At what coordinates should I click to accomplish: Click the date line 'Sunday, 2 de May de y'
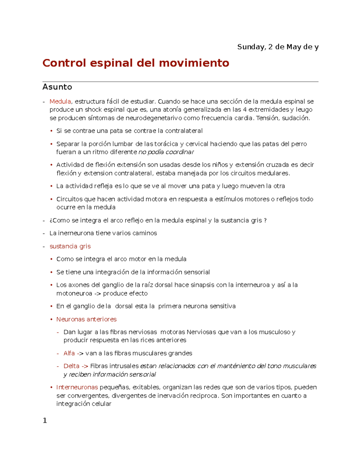coord(278,47)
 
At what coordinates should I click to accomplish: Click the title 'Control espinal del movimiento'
coord(136,63)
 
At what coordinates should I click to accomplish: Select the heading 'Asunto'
coord(57,87)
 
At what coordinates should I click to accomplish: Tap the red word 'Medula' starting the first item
coord(60,101)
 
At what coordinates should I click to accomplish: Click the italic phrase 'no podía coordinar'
coord(166,152)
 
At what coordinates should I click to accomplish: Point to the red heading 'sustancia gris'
coord(70,246)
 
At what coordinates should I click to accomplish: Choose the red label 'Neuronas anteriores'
coord(86,319)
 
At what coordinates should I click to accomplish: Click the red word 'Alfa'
coord(69,353)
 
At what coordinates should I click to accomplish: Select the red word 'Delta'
coord(71,366)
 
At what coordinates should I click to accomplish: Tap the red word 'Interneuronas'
coord(77,387)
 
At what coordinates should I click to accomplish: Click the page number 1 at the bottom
coord(45,421)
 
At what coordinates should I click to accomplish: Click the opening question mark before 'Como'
coord(51,220)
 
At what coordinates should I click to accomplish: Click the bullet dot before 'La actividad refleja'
coord(51,186)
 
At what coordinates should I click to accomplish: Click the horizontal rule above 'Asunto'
coord(180,81)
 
